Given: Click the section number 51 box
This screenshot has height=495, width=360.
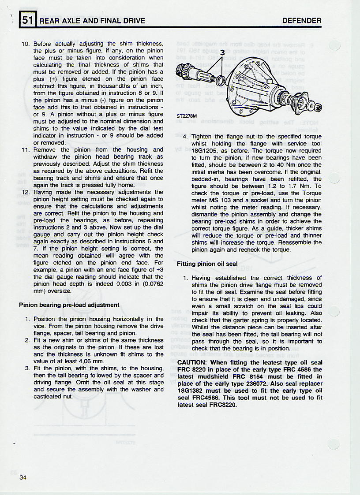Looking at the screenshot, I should click(x=27, y=19).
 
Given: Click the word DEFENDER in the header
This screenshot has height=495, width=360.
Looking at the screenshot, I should click(x=302, y=21).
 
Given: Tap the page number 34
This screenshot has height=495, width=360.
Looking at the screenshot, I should click(x=23, y=477).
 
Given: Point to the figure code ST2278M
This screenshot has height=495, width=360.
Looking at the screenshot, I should click(x=187, y=116).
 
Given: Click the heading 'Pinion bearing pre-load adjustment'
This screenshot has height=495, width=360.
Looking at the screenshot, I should click(x=69, y=305).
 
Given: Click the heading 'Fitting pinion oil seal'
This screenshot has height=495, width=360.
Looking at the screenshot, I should click(x=207, y=264).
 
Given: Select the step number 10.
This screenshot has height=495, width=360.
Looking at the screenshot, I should click(x=26, y=44).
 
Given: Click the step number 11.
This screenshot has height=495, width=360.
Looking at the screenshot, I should click(x=26, y=150).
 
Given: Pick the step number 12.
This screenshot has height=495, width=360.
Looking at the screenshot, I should click(x=26, y=192).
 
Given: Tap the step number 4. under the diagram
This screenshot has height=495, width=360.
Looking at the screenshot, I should click(x=185, y=137).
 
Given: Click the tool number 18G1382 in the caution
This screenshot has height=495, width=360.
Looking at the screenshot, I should click(x=192, y=391).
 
